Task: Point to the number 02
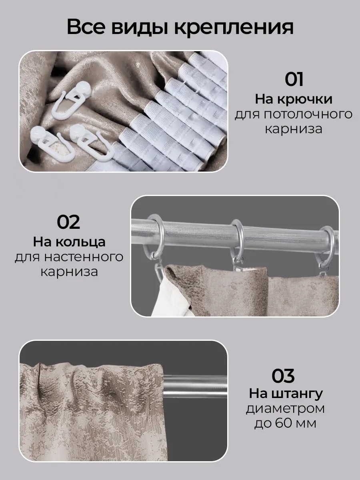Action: [x=68, y=222]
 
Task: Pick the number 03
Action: [x=283, y=376]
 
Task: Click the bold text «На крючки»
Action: [x=294, y=99]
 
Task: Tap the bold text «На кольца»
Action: [x=69, y=242]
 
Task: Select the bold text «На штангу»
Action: [x=286, y=394]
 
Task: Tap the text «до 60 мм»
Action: [x=285, y=423]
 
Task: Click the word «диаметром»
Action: [x=285, y=409]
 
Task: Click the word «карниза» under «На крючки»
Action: [x=294, y=130]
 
